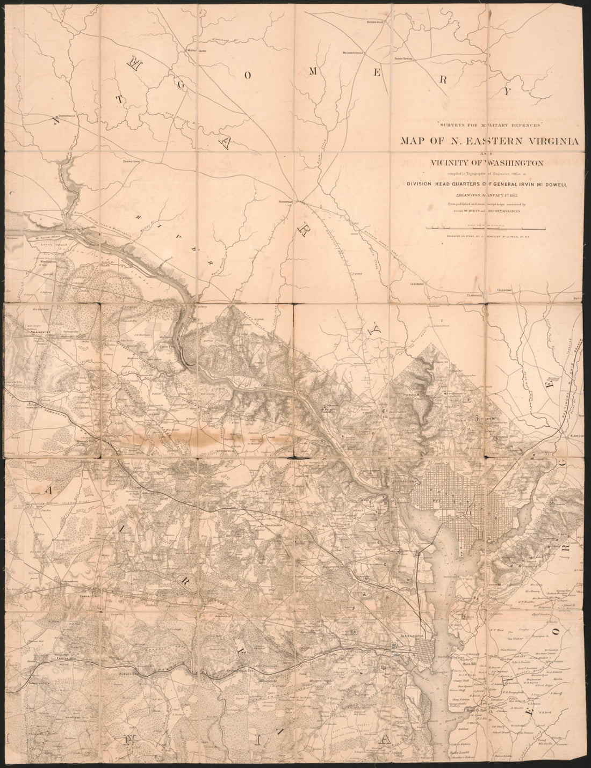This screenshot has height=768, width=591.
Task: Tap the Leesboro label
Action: coord(417,283)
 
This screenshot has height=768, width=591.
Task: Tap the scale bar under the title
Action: coord(486,229)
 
